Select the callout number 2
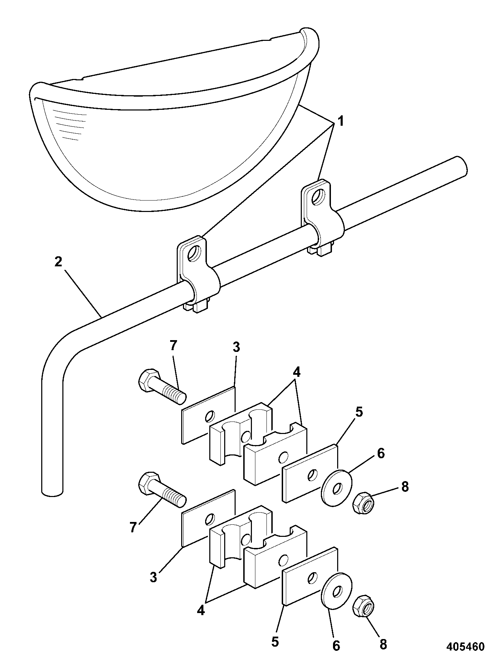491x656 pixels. pyautogui.click(x=58, y=262)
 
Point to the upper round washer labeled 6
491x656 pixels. pyautogui.click(x=336, y=488)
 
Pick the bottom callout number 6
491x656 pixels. pyautogui.click(x=336, y=645)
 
